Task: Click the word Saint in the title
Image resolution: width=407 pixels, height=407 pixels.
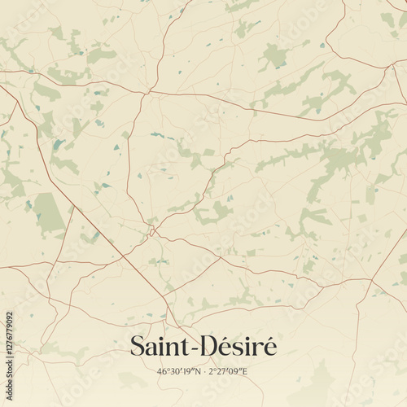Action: point(159,347)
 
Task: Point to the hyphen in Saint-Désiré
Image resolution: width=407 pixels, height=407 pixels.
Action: point(194,349)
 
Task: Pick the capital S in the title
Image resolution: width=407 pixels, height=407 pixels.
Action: point(138,347)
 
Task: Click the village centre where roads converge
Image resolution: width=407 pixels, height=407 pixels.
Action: point(151,231)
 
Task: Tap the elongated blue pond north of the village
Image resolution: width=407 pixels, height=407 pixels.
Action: point(162,136)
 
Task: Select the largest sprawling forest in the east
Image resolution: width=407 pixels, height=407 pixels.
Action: point(342,155)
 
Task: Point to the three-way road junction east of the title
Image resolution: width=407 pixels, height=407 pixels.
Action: point(370,281)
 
